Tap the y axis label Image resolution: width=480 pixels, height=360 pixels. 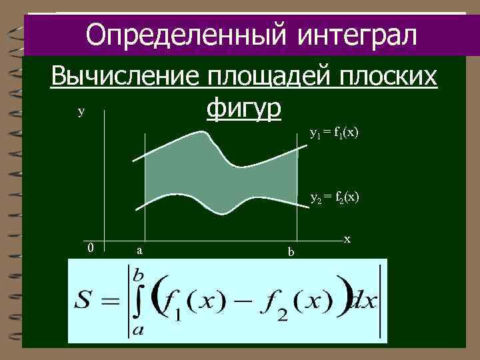click(x=81, y=113)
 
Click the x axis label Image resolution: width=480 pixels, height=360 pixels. click(x=347, y=238)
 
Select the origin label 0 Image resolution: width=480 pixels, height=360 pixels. click(x=91, y=248)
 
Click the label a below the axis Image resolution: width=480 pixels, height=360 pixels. click(x=138, y=250)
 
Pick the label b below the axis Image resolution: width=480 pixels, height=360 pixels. click(x=290, y=251)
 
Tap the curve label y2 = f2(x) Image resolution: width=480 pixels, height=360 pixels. click(x=334, y=197)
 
